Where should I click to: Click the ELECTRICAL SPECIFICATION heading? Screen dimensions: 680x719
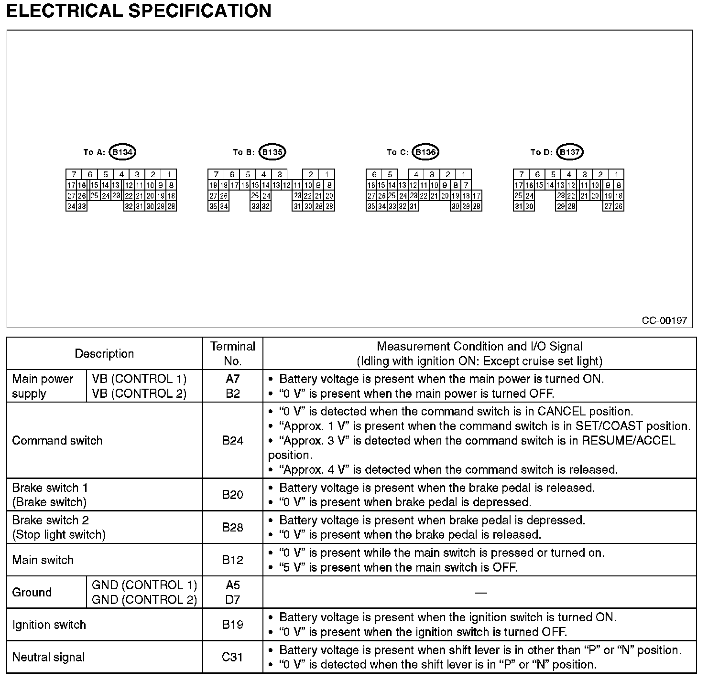(139, 11)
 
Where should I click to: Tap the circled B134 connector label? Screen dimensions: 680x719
(123, 152)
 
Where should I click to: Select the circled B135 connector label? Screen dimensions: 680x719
(272, 152)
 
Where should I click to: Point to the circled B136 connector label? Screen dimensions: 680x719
(425, 152)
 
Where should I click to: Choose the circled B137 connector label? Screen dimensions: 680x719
(570, 152)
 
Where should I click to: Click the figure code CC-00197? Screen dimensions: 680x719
(664, 320)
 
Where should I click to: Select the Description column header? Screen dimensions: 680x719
(104, 354)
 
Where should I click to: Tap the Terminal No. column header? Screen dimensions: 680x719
(233, 353)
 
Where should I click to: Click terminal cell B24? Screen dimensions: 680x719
(233, 440)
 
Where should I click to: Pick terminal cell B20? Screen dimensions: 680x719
(233, 495)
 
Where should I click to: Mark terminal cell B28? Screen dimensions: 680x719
(233, 527)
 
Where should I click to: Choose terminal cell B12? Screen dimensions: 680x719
(233, 560)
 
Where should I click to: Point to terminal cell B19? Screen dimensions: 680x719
(233, 625)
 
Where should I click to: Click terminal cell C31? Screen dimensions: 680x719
(233, 657)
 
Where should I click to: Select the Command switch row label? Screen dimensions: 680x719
(57, 440)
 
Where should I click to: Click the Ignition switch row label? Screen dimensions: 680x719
(49, 625)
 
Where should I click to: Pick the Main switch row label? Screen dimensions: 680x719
(43, 560)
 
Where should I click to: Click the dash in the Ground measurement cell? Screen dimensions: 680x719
(480, 593)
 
